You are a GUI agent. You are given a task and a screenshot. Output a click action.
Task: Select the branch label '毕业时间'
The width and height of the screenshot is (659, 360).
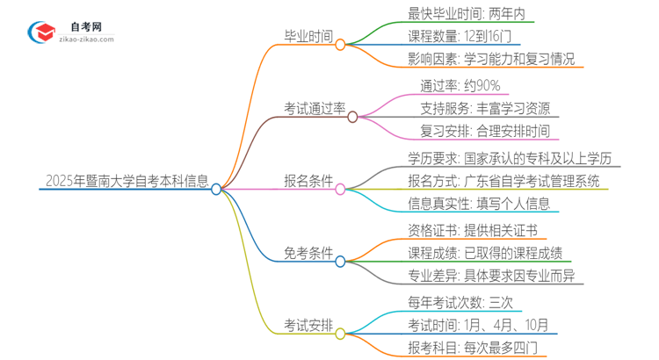pyautogui.click(x=308, y=37)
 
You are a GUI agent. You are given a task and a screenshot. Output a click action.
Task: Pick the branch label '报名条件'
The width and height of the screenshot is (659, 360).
pyautogui.click(x=308, y=182)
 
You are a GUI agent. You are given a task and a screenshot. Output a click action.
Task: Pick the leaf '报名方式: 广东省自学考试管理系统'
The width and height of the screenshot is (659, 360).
pyautogui.click(x=503, y=182)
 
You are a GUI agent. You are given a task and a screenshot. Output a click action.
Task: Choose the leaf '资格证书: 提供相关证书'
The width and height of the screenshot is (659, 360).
pyautogui.click(x=472, y=230)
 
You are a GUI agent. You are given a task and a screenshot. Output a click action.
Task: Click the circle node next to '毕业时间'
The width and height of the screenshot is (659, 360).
pyautogui.click(x=340, y=43)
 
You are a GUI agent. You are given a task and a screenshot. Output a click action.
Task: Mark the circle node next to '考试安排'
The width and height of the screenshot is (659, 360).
pyautogui.click(x=340, y=333)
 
